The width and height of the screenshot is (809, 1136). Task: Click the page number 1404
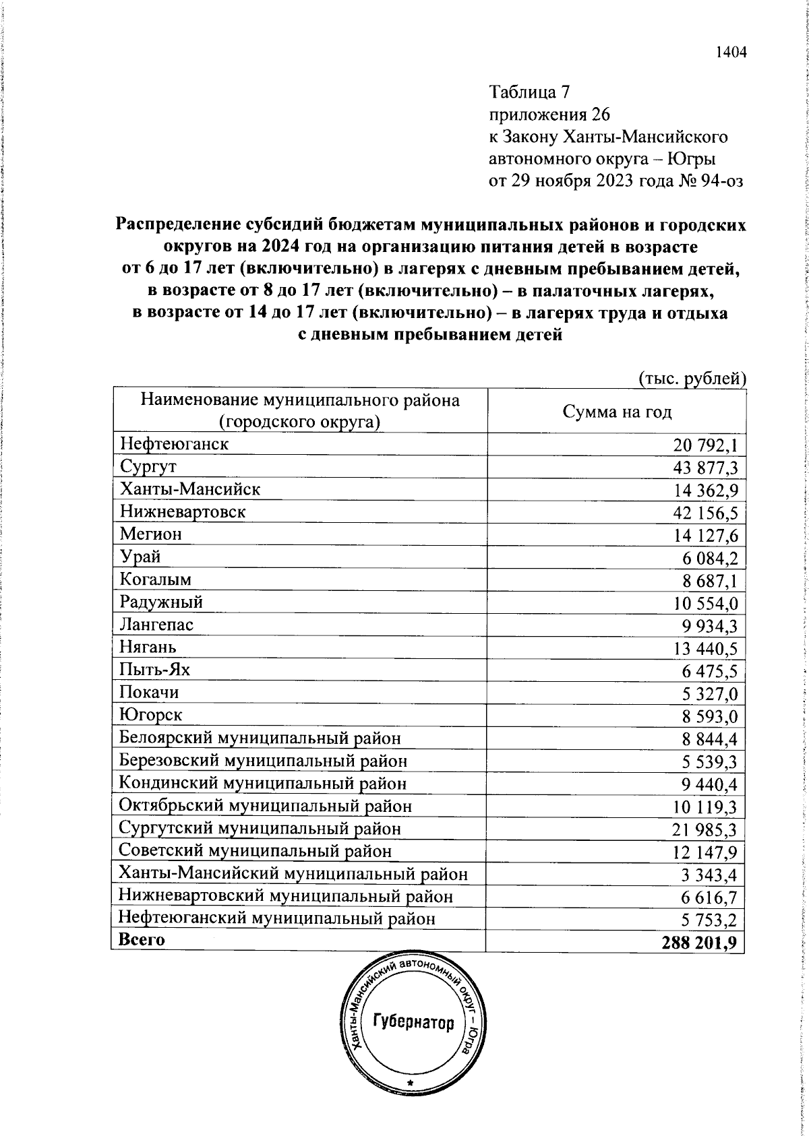[x=731, y=53]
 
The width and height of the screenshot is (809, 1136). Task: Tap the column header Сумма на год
[x=617, y=412]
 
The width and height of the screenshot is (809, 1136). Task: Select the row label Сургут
[x=148, y=466]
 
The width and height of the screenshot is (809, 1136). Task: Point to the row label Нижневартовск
[x=182, y=511]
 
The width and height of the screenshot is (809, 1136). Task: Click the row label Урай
[x=140, y=557]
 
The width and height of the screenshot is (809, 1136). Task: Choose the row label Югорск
[x=150, y=715]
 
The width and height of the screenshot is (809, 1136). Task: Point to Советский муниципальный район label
[x=255, y=851]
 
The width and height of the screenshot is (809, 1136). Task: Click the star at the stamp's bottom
[x=409, y=1101]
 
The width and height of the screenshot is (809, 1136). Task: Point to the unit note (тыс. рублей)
[x=691, y=379]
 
